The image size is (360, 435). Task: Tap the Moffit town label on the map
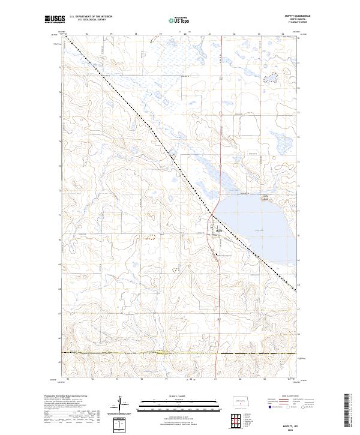click(220, 230)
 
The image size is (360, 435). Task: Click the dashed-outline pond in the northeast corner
click(273, 77)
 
